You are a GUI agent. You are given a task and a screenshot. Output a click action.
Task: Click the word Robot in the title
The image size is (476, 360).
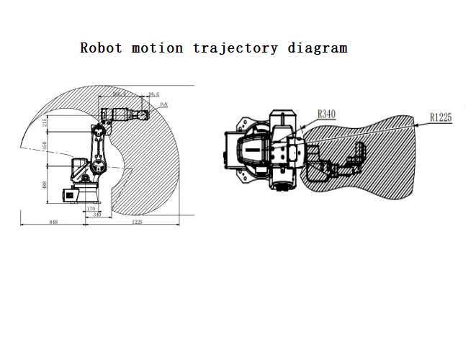(102, 48)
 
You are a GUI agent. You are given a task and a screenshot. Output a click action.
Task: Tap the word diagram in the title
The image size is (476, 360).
(318, 48)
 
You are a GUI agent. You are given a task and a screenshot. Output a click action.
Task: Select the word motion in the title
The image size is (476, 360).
(157, 48)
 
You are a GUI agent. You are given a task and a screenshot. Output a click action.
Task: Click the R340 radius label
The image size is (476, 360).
(328, 113)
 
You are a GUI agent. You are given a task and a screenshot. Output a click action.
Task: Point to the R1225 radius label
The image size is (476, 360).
(441, 116)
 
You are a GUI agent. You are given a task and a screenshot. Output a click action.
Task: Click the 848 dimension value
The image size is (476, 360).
(53, 223)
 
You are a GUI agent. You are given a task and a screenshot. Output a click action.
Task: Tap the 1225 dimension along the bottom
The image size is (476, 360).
(137, 223)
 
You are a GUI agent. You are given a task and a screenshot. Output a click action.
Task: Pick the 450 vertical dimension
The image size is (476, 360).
(45, 146)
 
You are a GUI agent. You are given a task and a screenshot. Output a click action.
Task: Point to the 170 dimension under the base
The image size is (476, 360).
(91, 209)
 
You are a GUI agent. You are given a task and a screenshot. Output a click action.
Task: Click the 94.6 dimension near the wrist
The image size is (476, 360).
(153, 94)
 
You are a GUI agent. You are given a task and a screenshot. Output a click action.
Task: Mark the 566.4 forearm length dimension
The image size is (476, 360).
(120, 94)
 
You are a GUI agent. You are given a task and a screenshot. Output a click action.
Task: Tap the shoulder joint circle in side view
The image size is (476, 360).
(92, 173)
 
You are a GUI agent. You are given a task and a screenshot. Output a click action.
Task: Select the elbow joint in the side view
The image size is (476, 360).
(95, 132)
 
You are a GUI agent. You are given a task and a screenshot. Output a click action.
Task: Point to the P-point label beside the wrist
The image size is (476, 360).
(163, 105)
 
